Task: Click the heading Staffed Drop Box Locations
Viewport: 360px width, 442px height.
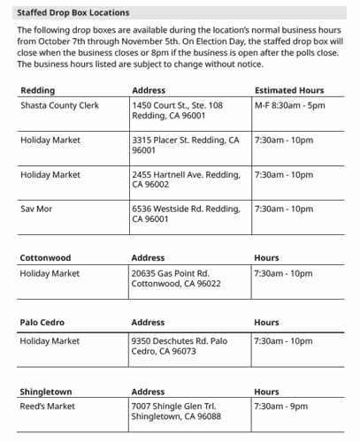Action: tap(73, 12)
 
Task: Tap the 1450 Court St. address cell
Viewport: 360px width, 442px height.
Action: tap(177, 110)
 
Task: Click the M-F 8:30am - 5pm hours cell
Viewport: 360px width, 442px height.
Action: tap(289, 105)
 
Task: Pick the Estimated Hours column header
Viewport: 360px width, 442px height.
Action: tap(288, 90)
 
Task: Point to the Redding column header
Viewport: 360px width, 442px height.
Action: tap(37, 90)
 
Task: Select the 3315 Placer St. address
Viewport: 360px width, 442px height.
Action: tap(185, 145)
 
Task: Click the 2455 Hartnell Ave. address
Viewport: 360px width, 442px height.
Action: tap(185, 179)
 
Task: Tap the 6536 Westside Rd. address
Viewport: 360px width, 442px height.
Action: tap(185, 214)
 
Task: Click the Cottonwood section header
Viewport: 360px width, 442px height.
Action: tap(45, 258)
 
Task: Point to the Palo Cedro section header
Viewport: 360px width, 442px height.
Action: tap(42, 323)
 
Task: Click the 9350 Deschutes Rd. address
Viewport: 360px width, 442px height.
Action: tap(179, 346)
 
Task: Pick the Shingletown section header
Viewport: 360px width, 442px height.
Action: tap(46, 391)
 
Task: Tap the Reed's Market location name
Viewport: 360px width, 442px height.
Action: tap(48, 407)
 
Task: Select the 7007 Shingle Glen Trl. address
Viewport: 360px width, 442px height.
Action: tap(176, 411)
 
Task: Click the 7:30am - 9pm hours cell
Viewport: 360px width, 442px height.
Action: tap(280, 407)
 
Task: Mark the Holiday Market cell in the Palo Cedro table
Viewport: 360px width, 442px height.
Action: tap(50, 341)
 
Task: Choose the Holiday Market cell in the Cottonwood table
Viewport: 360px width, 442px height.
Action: tap(50, 274)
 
